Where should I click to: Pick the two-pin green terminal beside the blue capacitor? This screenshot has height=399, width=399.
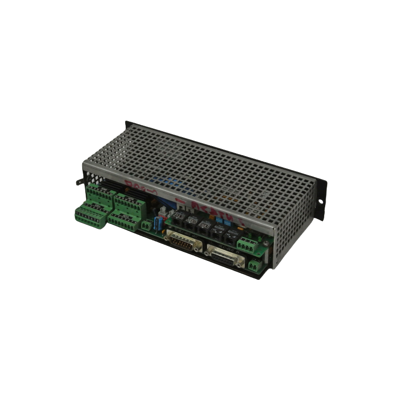pyautogui.click(x=146, y=225)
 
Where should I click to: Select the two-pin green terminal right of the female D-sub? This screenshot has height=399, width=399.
pyautogui.click(x=254, y=266)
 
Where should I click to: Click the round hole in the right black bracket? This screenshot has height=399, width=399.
pyautogui.click(x=320, y=201)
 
